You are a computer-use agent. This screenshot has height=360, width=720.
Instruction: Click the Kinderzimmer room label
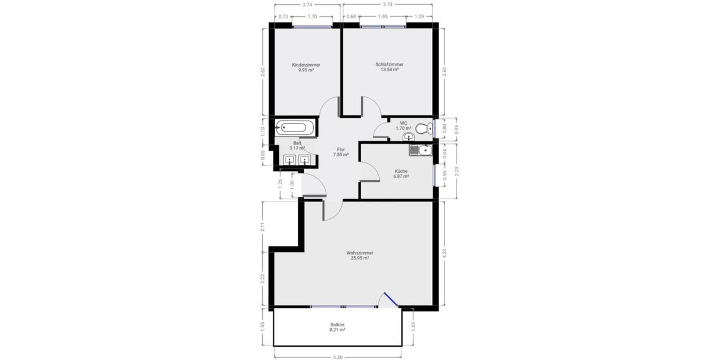tap(306, 65)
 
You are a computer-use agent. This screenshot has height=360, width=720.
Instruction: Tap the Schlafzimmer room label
tap(389, 65)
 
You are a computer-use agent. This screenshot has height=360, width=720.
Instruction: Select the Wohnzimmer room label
tap(359, 253)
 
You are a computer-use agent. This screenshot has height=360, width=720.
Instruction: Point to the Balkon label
tap(337, 325)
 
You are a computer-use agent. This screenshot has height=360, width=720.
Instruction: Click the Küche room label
tap(401, 171)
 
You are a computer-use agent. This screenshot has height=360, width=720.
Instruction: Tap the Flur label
tap(341, 149)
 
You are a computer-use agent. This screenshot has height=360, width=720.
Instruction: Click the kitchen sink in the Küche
tap(419, 149)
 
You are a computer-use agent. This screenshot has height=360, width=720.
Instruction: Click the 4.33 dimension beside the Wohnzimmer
tap(444, 253)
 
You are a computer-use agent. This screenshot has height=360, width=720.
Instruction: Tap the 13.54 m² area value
tap(389, 70)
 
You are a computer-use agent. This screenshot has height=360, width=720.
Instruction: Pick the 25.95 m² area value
tap(359, 258)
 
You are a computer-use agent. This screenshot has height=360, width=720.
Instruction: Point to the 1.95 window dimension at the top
tap(383, 16)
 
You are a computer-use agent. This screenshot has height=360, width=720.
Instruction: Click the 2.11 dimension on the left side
tap(262, 227)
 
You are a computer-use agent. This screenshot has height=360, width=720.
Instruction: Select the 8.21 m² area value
tap(337, 329)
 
